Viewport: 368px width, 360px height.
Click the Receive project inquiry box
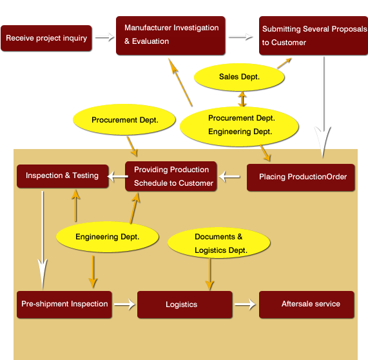click(x=46, y=38)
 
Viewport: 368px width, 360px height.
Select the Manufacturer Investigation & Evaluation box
click(x=171, y=35)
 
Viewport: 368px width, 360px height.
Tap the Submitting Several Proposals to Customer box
click(x=314, y=35)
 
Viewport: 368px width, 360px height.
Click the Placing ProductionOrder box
click(x=300, y=177)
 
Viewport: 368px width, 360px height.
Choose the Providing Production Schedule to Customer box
click(x=171, y=176)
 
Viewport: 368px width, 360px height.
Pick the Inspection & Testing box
click(x=63, y=176)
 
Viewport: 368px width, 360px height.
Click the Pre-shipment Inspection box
click(x=64, y=305)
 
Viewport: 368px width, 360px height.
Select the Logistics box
click(x=185, y=305)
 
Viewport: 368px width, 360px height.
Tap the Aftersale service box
click(x=307, y=305)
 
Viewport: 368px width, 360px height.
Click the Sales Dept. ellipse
click(x=239, y=77)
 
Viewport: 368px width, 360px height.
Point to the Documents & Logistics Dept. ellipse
click(x=218, y=243)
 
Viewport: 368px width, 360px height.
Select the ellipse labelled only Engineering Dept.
click(x=107, y=237)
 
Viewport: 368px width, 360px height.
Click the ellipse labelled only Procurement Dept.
click(x=124, y=119)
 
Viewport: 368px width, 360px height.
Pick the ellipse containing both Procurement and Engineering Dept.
click(x=239, y=126)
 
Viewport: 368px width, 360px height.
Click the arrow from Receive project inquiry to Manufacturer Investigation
click(x=104, y=37)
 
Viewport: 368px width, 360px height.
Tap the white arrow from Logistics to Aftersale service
click(x=245, y=305)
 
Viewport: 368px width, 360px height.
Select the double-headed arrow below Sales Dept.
click(x=242, y=99)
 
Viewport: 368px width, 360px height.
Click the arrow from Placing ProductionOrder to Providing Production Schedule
click(x=229, y=177)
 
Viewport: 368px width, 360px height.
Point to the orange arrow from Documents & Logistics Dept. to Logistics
click(x=209, y=274)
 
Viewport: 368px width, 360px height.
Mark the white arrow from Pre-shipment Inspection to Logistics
click(x=124, y=305)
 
